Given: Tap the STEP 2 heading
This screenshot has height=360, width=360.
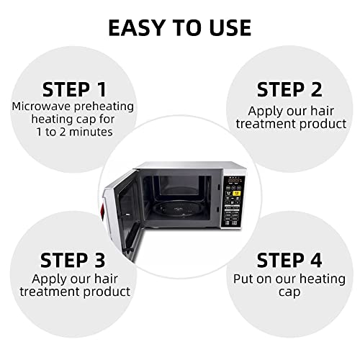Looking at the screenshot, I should [x=289, y=89].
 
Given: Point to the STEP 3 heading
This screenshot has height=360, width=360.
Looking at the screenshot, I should [x=75, y=259].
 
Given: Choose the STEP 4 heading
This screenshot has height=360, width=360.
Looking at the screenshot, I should [x=289, y=259].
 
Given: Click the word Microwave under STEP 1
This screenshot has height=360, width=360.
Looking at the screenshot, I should [x=35, y=107].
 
